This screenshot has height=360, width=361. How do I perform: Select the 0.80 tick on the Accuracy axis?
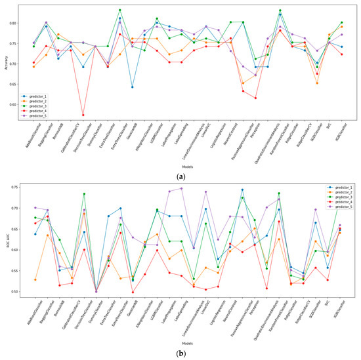click(18, 23)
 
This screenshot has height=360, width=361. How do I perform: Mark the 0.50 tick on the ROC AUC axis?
click(18, 292)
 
